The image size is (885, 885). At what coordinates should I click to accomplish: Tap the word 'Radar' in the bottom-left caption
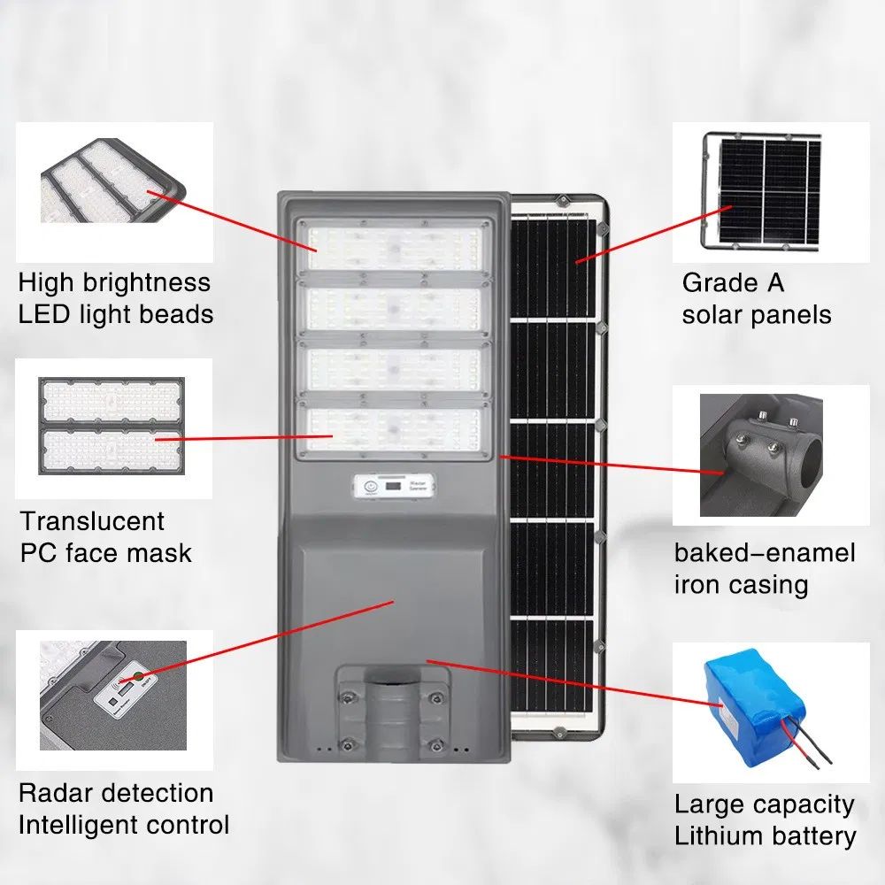(x=57, y=792)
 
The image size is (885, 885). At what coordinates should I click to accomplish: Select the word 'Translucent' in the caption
(x=92, y=521)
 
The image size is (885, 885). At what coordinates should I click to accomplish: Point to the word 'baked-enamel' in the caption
(x=765, y=553)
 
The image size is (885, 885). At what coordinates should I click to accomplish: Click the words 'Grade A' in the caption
(x=733, y=283)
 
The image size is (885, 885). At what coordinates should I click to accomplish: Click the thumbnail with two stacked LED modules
(x=112, y=427)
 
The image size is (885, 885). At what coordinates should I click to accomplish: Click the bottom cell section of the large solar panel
(x=552, y=665)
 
